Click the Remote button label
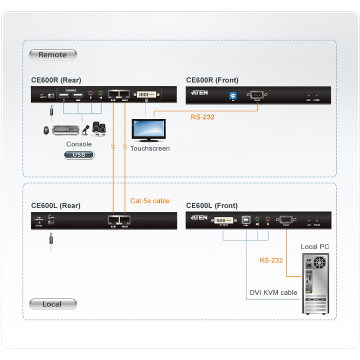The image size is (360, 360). point(53,55)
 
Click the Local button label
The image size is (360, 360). point(52,304)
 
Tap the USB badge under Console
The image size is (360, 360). point(79,155)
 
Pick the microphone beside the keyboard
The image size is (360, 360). point(85,130)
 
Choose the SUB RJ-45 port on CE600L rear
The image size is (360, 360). point(113,220)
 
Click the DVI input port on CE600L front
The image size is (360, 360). point(224,220)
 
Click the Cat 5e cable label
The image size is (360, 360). point(150,201)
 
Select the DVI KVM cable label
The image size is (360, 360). point(274,292)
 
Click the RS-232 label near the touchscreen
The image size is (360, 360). point(202,117)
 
